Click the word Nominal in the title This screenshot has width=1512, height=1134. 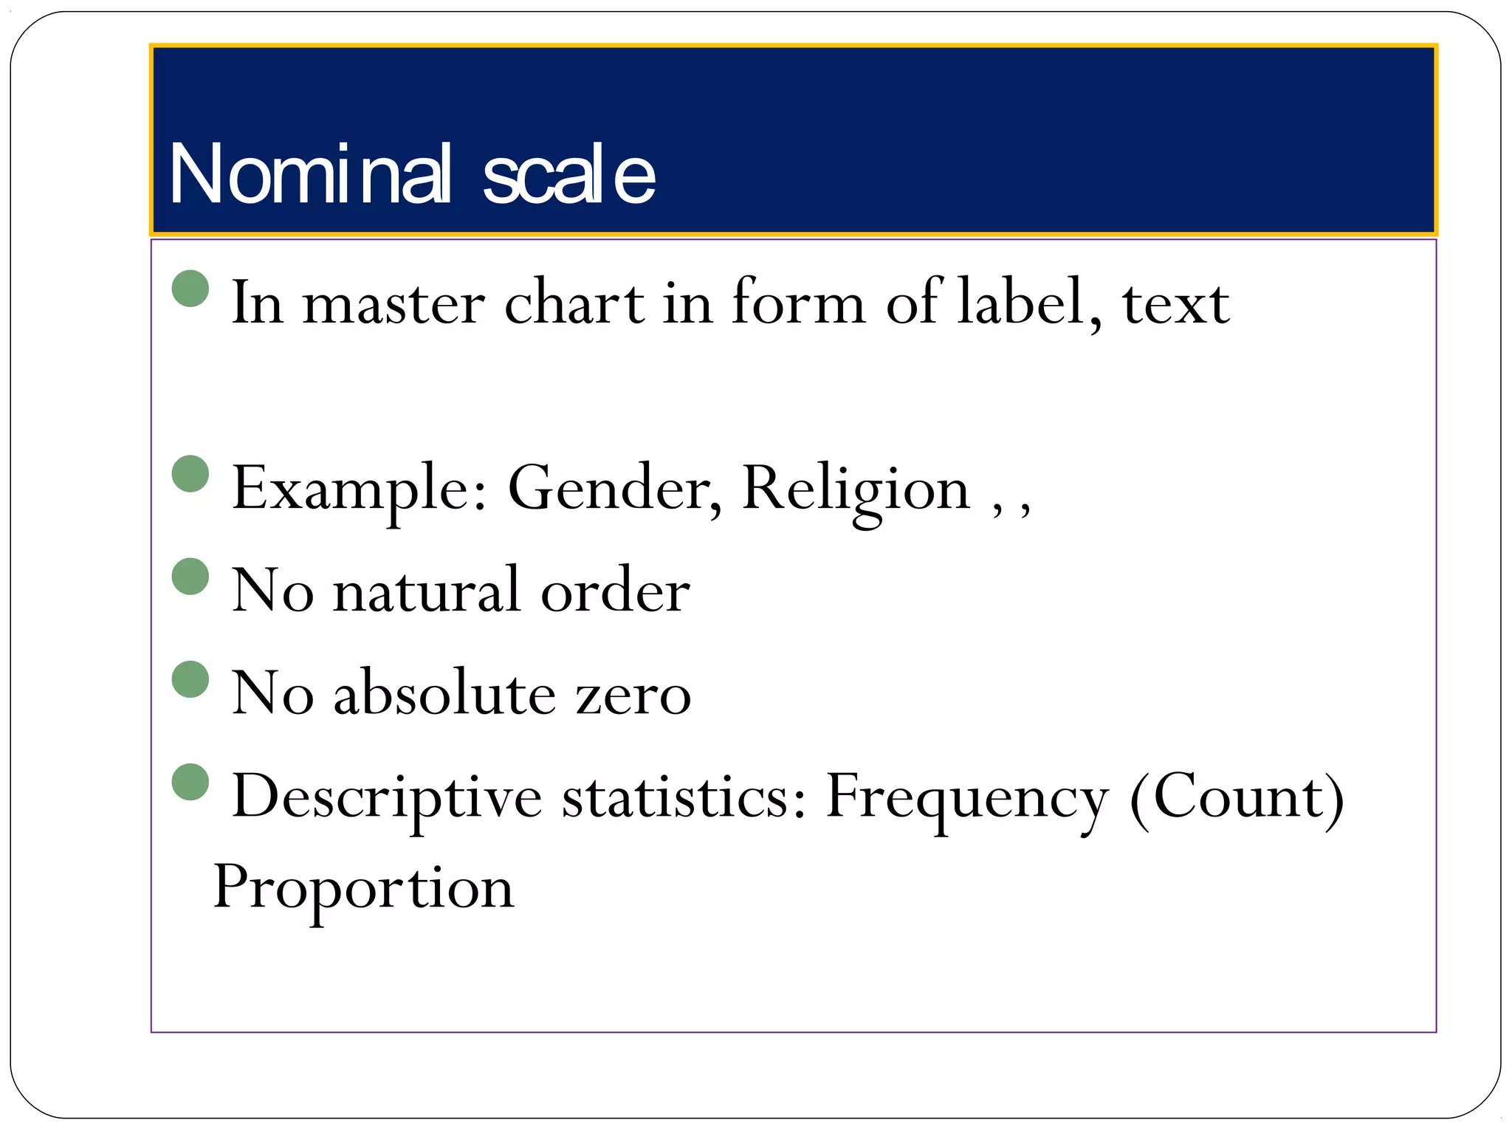310,174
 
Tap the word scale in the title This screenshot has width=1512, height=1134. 568,174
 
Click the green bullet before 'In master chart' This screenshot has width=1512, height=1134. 190,288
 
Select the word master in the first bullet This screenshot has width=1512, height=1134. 394,303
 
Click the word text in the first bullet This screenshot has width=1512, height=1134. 1175,303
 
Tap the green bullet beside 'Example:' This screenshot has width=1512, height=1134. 190,473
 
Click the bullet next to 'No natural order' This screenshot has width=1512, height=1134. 190,576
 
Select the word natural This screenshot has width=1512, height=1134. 427,591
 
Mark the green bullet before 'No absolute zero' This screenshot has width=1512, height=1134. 190,679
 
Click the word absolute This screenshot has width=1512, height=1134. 444,693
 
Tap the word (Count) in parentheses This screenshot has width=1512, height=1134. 1237,798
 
